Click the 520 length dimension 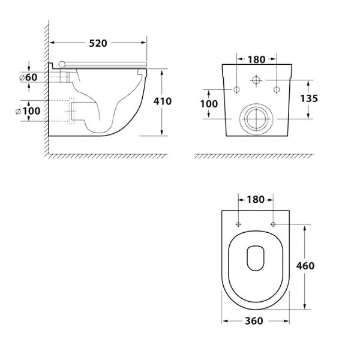pos(98,43)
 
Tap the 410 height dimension pos(163,101)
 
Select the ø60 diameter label pos(28,77)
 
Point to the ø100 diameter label pos(28,111)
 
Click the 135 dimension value pos(309,98)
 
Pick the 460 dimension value pos(305,266)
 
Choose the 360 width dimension pos(254,321)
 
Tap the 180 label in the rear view pos(256,59)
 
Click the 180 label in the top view pos(256,200)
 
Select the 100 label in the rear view pos(209,104)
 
